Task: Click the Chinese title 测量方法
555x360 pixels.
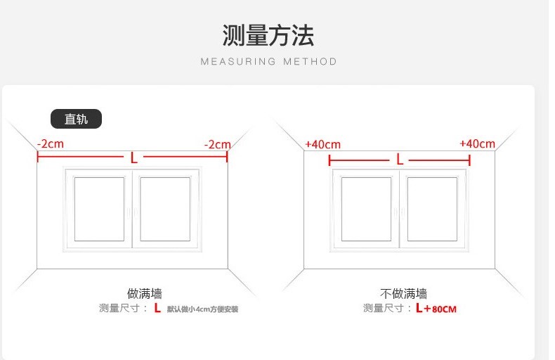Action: pos(268,35)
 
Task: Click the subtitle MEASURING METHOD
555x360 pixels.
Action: pos(268,62)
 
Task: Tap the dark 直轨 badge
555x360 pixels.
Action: pos(76,119)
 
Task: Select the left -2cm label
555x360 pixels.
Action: pos(51,144)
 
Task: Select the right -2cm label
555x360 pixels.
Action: pos(217,144)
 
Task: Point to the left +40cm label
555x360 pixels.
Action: pos(322,145)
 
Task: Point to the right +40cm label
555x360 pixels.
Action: pos(477,144)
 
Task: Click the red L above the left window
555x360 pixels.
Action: pos(133,157)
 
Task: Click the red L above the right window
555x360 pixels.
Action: pos(400,160)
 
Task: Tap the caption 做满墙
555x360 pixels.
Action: pos(145,293)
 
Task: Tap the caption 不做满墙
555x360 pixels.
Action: pos(403,293)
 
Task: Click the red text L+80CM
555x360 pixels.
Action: pos(436,308)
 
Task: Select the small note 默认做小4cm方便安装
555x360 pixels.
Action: pos(202,309)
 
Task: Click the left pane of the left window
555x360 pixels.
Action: pos(99,209)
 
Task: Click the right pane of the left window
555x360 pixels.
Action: pos(165,209)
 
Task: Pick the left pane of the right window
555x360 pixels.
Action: pos(366,209)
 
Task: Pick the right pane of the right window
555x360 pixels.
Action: pos(432,209)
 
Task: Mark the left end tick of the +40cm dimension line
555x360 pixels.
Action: pos(329,160)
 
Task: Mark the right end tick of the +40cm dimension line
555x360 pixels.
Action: pos(470,160)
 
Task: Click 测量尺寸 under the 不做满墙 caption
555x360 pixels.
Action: pos(384,308)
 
